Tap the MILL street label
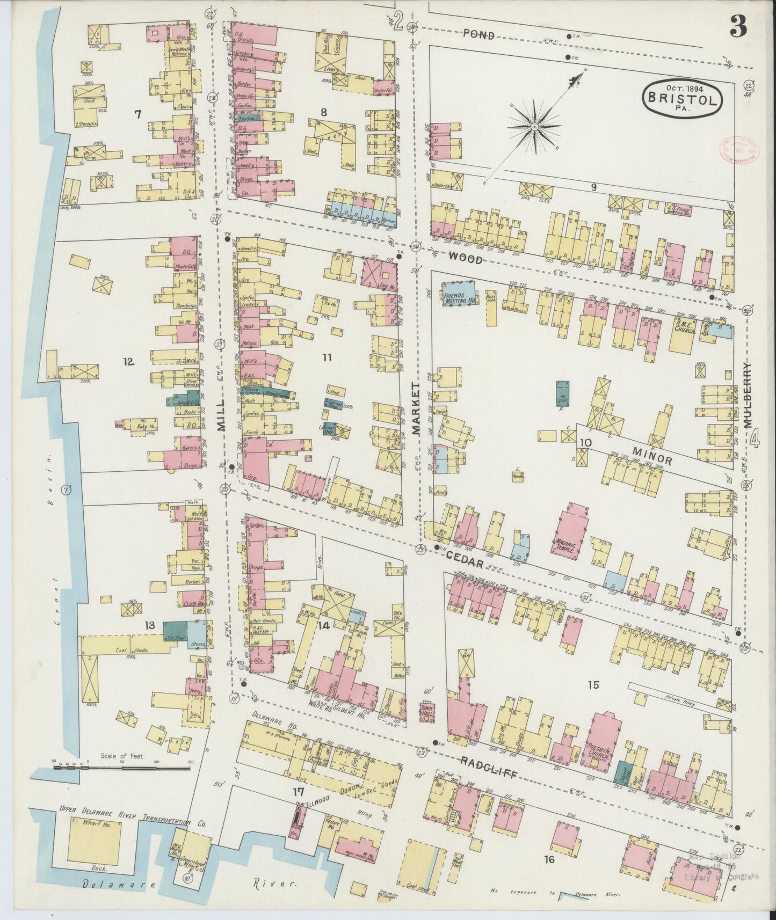221,418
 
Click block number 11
327,356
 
